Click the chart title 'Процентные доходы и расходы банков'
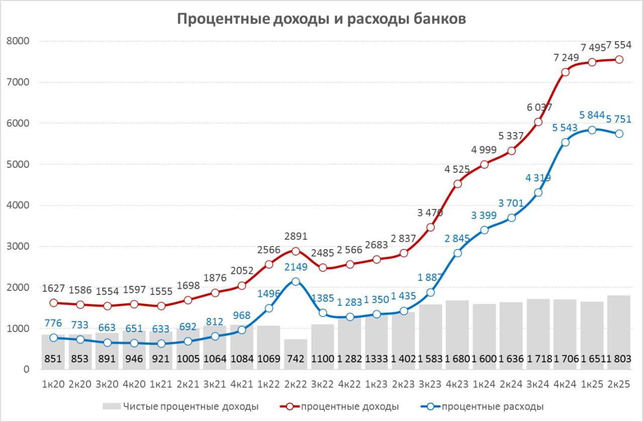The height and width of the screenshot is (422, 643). coord(321,19)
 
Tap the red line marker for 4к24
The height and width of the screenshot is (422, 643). coord(565,72)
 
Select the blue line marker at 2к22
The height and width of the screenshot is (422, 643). coord(296,282)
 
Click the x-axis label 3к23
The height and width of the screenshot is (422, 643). coord(431,384)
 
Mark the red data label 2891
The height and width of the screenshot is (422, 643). coord(296,237)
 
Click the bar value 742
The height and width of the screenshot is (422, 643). coord(296,359)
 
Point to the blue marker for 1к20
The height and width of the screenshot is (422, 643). coord(53,338)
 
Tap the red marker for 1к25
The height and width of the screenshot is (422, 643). coord(592,62)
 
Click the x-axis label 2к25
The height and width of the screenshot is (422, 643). coord(619,384)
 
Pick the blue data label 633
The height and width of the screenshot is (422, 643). coord(161,329)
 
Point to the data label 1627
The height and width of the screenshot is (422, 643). coord(53,288)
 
